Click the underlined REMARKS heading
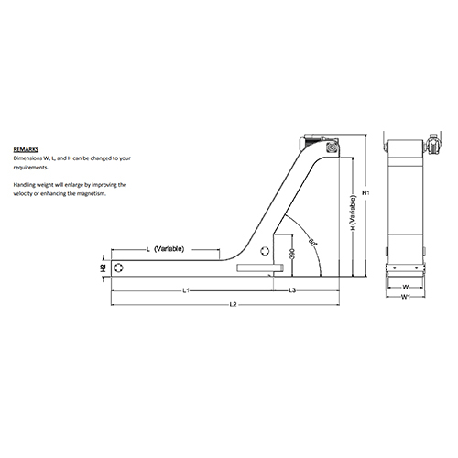pyautogui.click(x=25, y=147)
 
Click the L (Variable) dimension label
pyautogui.click(x=169, y=249)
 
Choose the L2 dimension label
pyautogui.click(x=233, y=303)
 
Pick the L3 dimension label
pyautogui.click(x=291, y=291)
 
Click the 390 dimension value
pyautogui.click(x=292, y=255)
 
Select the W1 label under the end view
pyautogui.click(x=404, y=296)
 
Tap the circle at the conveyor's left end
pyautogui.click(x=119, y=267)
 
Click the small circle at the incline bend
pyautogui.click(x=265, y=250)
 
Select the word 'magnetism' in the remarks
pyautogui.click(x=92, y=194)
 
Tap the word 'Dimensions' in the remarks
pyautogui.click(x=30, y=158)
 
